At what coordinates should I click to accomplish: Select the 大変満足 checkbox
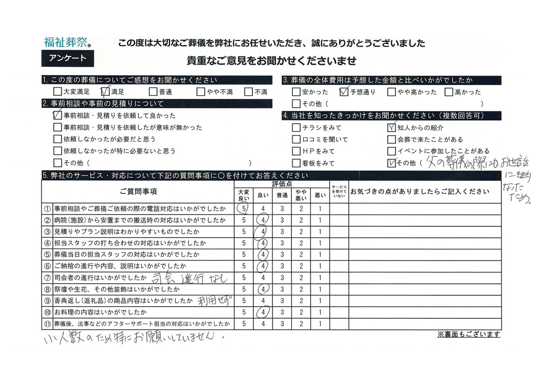tap(57, 92)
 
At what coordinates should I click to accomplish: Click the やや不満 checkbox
tap(201, 92)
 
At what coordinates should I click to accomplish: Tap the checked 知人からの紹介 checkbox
tap(392, 127)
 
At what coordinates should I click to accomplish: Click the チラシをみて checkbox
tap(296, 127)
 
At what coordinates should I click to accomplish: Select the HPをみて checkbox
tap(296, 151)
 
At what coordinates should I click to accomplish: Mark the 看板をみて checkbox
tap(296, 163)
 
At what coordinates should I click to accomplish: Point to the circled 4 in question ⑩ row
tap(263, 312)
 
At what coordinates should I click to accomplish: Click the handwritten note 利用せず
tap(214, 300)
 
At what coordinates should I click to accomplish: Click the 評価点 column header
tap(281, 184)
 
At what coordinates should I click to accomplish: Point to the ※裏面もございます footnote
tap(469, 334)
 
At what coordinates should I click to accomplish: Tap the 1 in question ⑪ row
tap(320, 324)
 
